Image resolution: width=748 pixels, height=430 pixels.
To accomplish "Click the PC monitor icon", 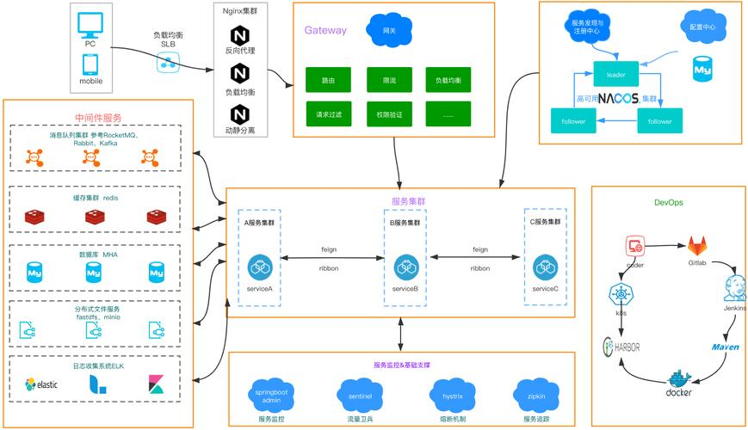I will click(x=90, y=23).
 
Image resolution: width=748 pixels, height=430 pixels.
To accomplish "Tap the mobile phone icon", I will click(x=90, y=64).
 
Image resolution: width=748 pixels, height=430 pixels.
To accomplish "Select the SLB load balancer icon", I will click(x=168, y=63).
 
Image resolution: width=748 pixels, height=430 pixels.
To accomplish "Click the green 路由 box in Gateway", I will click(x=329, y=80).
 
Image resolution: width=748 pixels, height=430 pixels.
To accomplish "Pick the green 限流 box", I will click(x=389, y=80).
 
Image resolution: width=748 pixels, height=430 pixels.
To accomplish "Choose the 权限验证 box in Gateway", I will click(x=389, y=114).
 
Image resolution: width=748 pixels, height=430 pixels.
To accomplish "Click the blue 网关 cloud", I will click(x=388, y=30).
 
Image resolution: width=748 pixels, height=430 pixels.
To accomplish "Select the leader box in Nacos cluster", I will click(x=615, y=75).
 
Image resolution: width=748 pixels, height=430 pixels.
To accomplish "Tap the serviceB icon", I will click(x=405, y=267).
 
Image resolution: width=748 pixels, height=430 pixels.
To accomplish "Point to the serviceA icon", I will click(x=260, y=267).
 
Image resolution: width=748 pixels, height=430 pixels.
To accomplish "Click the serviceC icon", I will click(x=545, y=267).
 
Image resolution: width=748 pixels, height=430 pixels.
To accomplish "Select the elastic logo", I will click(x=41, y=384).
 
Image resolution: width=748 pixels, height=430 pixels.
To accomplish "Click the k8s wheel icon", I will click(x=621, y=295).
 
